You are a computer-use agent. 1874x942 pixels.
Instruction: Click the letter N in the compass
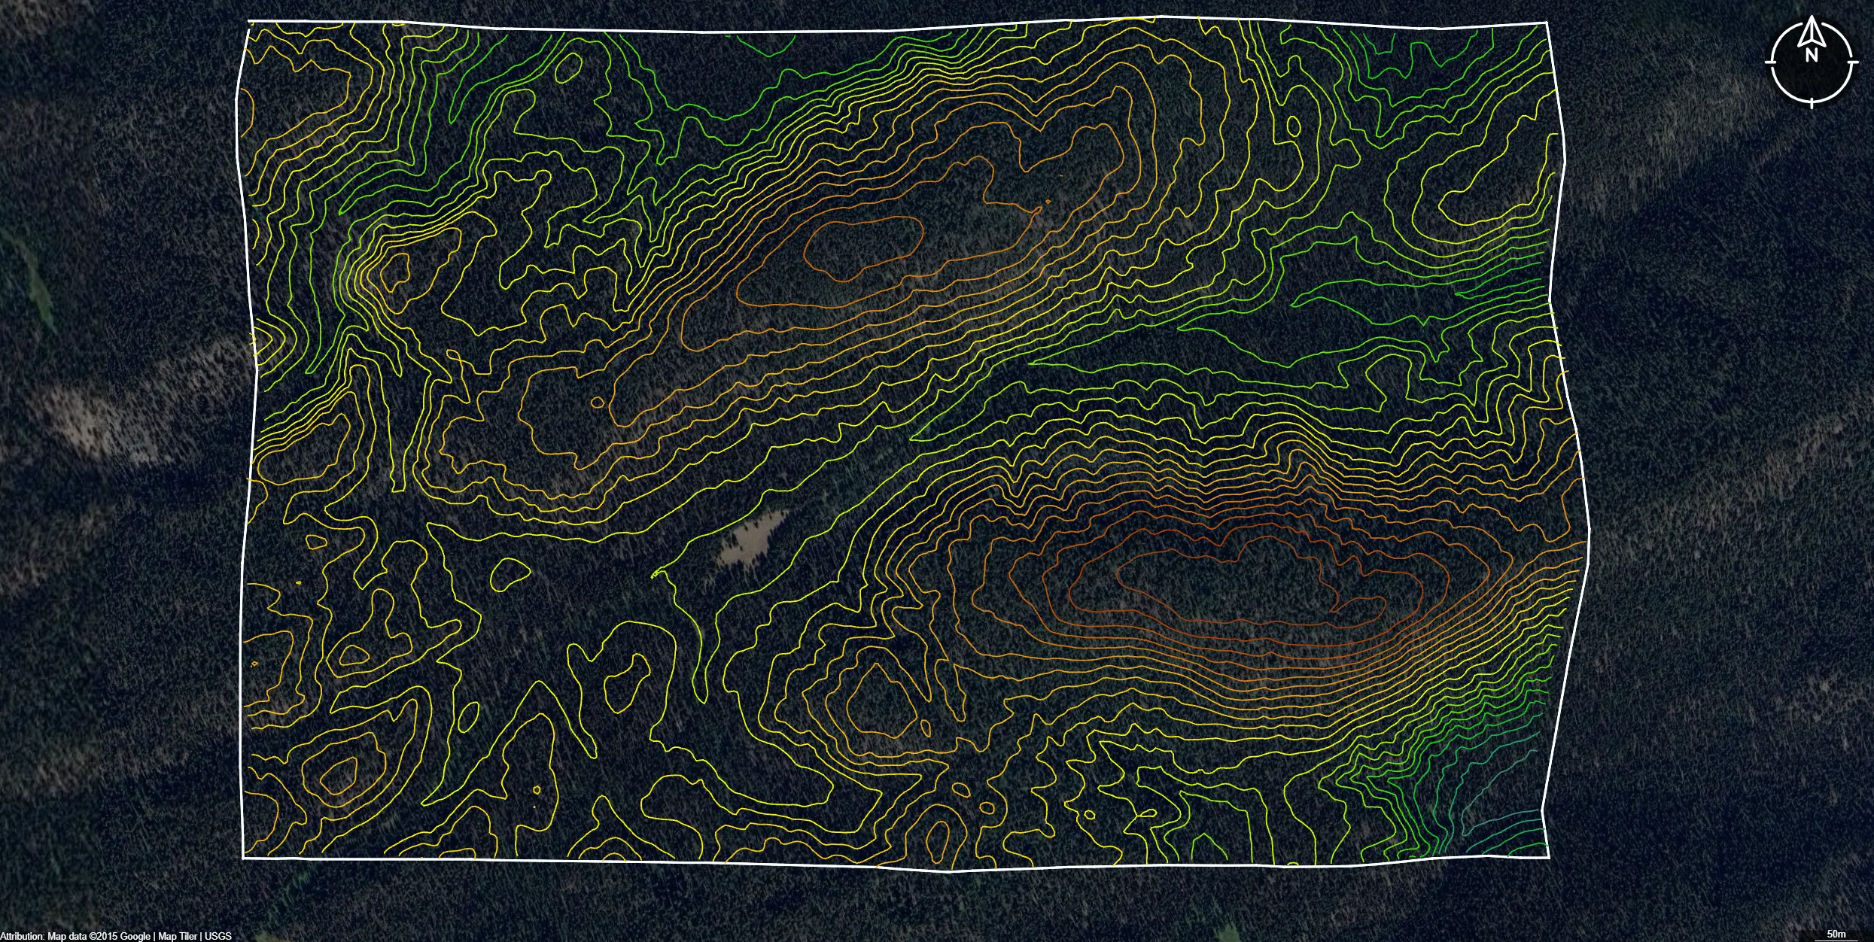pos(1812,55)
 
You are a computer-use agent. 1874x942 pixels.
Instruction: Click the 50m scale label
pos(1836,934)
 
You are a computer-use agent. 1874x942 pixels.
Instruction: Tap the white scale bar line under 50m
pos(1836,940)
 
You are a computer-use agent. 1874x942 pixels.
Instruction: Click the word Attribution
pos(22,936)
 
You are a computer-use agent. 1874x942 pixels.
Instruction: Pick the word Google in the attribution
pos(135,936)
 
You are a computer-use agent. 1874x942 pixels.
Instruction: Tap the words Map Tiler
pos(178,936)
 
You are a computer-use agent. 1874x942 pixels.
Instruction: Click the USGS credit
pos(218,936)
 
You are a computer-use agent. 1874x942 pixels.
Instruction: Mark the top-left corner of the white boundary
pos(249,22)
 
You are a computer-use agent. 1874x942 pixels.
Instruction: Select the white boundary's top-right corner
pos(1547,23)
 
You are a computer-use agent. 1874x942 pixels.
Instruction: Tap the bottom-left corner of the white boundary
pos(243,857)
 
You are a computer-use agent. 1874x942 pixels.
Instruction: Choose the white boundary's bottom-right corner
pos(1549,856)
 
